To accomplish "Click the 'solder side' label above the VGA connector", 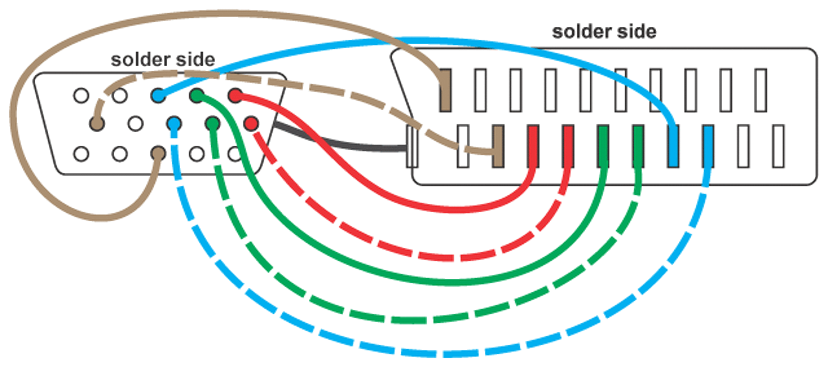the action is coord(162,59).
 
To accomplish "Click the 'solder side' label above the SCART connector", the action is coord(604,31).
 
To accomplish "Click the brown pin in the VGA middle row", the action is coord(98,122).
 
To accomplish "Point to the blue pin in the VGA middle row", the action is coord(174,122).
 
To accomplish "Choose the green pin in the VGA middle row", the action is coord(212,122).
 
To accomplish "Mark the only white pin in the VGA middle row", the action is coord(136,122).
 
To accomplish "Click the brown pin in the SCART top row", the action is coord(445,89).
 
